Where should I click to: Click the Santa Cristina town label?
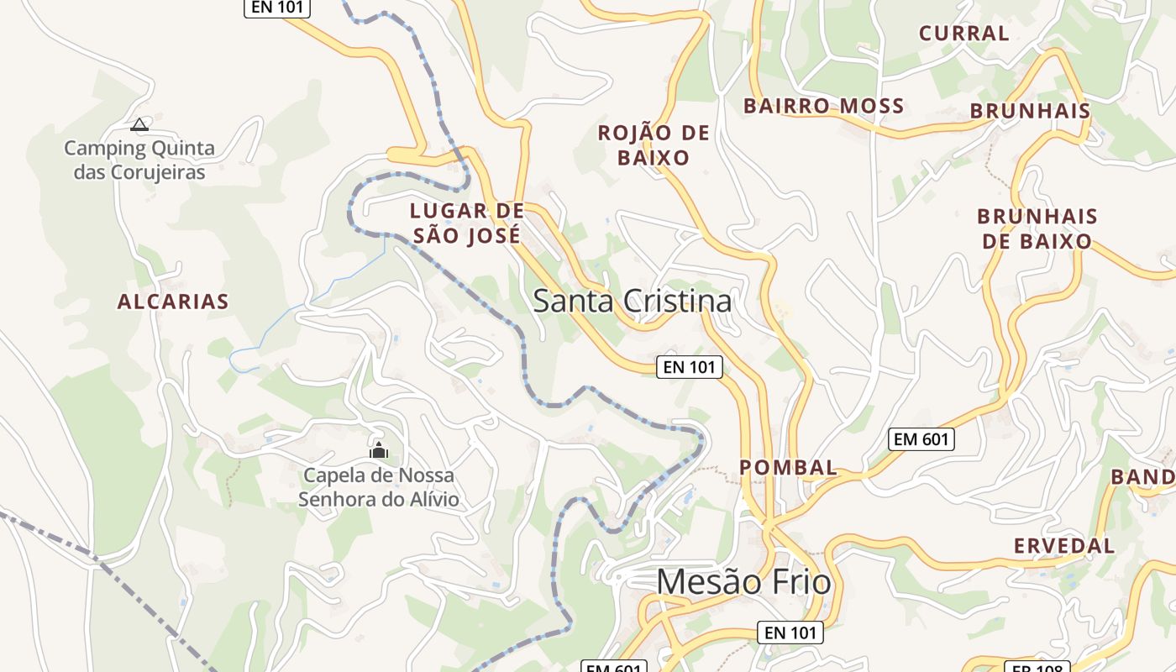point(632,301)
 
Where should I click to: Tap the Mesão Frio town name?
point(743,581)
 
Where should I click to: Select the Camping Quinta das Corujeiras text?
point(139,160)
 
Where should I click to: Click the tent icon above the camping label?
point(139,125)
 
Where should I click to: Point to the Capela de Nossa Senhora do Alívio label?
point(379,487)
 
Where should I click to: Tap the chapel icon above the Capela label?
point(379,451)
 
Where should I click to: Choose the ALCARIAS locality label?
point(173,302)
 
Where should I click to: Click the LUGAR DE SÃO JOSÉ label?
point(466,223)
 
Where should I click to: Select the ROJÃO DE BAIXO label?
point(654,145)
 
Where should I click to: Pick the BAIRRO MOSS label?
point(823,106)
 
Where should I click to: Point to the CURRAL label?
point(963,34)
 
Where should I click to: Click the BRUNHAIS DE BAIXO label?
point(1037,228)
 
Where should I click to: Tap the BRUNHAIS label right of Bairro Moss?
point(1030,111)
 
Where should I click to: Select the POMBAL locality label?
point(788,467)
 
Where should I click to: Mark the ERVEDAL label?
point(1063,545)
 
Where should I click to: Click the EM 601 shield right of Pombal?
point(921,438)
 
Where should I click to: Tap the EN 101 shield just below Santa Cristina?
point(689,366)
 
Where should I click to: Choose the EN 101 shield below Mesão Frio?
point(790,633)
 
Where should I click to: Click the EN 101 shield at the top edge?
point(277,7)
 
